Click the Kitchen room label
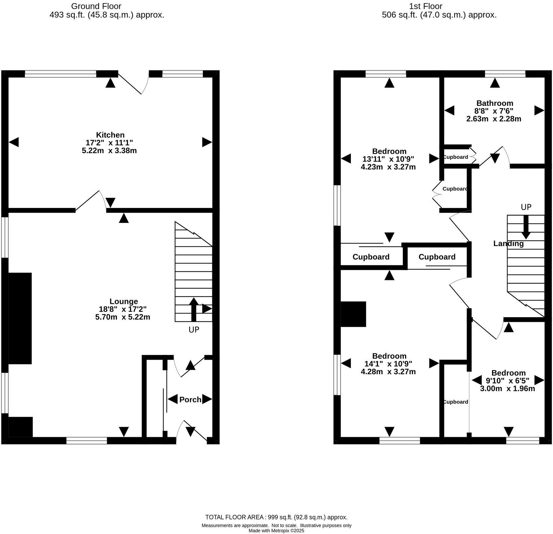[110, 135]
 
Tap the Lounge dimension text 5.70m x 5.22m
[122, 317]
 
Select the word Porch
[190, 400]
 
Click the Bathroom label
[495, 103]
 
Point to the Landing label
[508, 243]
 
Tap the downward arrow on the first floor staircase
[525, 227]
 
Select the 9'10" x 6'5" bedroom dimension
[508, 381]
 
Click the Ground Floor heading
[96, 6]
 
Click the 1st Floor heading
[426, 6]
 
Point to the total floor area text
[276, 517]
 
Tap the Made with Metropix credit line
[276, 531]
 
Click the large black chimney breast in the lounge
[20, 318]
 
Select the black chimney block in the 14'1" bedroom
[353, 314]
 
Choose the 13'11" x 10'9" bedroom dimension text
[388, 159]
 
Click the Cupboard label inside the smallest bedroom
[456, 402]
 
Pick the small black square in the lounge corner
[20, 427]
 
